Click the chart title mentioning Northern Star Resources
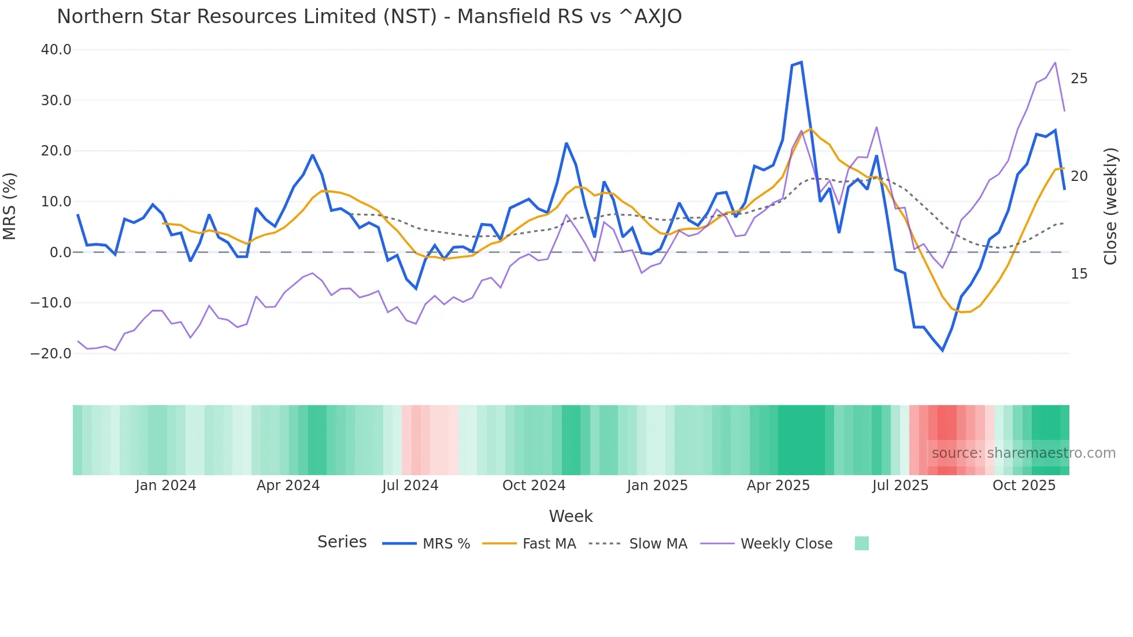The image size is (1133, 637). tap(369, 16)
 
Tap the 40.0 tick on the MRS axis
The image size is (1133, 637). tap(56, 50)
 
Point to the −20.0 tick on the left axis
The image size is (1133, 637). tap(51, 353)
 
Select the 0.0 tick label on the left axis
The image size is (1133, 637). tap(60, 252)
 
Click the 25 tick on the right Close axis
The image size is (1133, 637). tap(1079, 79)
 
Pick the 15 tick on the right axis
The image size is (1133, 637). tap(1079, 274)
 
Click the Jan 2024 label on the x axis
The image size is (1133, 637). tap(166, 485)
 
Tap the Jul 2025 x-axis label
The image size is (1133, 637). tap(900, 485)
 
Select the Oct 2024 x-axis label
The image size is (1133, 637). tap(534, 485)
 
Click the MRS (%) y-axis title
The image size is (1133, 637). tap(10, 206)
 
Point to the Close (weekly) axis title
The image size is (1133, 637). tap(1110, 206)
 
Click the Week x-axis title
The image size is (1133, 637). tap(571, 516)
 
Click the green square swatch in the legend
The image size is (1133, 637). tap(861, 543)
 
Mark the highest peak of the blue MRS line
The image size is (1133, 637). tap(801, 62)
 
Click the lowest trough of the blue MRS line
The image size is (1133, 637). tap(942, 350)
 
